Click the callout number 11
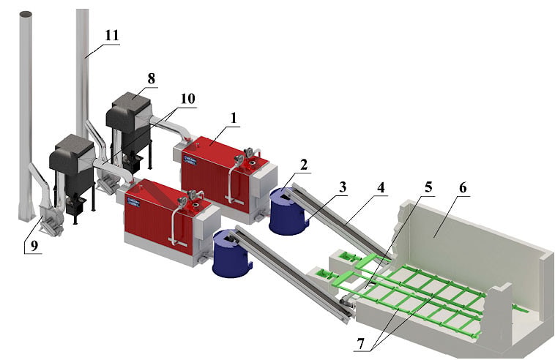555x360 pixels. pos(112,35)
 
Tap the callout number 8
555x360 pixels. pos(151,78)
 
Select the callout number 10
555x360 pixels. pos(187,99)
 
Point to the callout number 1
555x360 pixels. pos(234,118)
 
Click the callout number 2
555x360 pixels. pos(303,165)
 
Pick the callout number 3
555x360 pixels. pos(342,187)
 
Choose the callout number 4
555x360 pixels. pos(381,187)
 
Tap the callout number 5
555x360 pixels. pos(428,187)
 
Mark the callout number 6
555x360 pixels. pos(463,188)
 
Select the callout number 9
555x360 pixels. pos(34,246)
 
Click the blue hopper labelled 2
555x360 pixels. pos(288,211)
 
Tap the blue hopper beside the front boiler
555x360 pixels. pos(231,253)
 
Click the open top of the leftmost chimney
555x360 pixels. pos(26,14)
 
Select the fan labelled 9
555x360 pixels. pos(50,220)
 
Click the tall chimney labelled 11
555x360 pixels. pos(83,71)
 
